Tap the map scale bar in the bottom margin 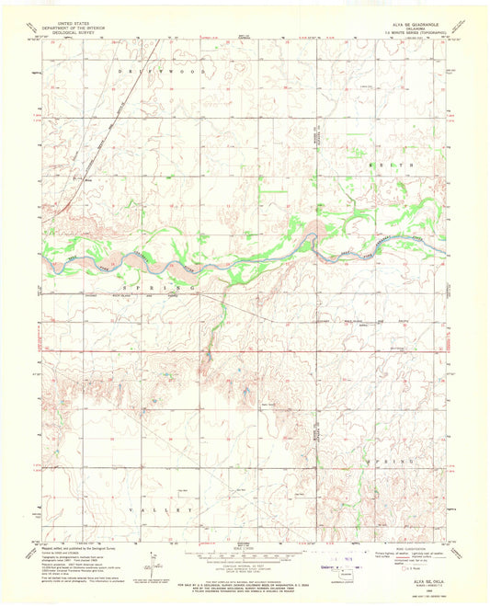pyautogui.click(x=245, y=555)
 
